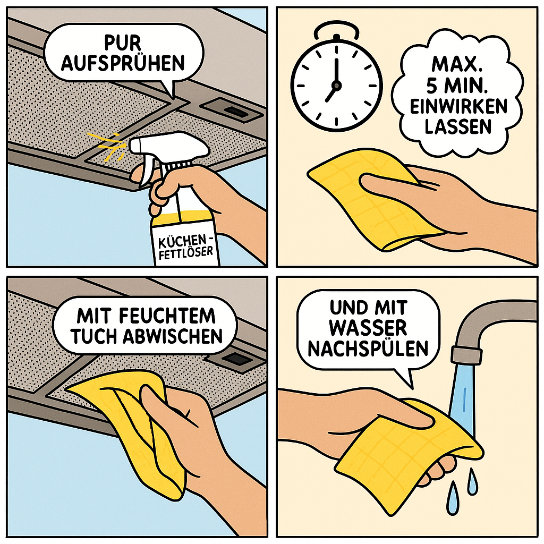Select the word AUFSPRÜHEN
coord(123,63)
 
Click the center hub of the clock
coord(336,85)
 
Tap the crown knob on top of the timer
coord(336,38)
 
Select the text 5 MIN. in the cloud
coord(457,86)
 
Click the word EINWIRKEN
coord(458,106)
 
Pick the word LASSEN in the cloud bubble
coord(458,127)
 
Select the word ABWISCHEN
coord(173,336)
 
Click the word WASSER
coord(368,328)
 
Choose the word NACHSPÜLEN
coord(368,348)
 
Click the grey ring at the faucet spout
coord(466,355)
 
